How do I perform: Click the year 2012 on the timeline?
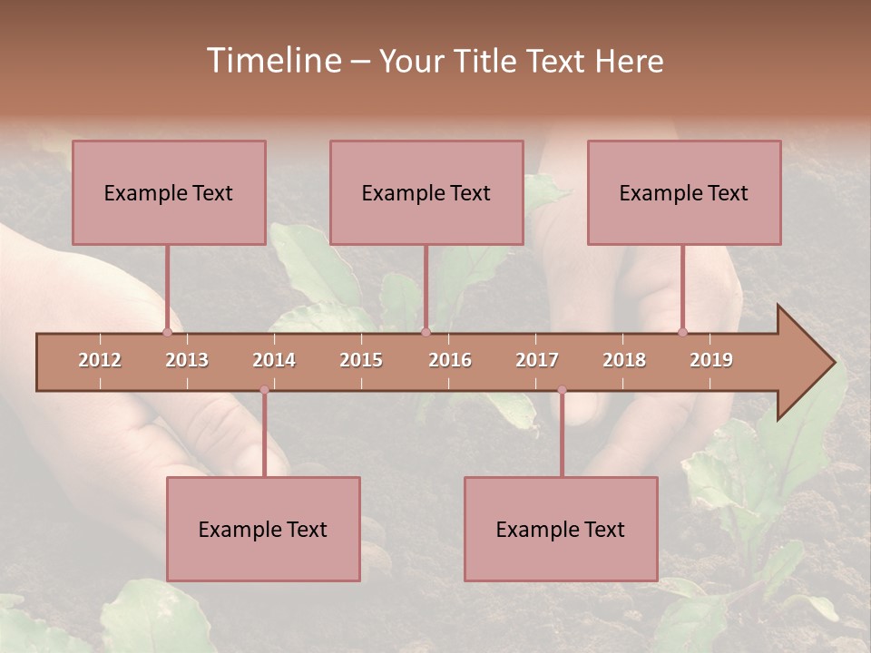[x=100, y=360]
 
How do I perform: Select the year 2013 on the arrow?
[x=187, y=360]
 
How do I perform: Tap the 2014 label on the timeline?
[x=274, y=360]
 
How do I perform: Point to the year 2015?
[x=361, y=360]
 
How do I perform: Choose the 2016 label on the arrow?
[x=450, y=360]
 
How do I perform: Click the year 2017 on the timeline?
[x=537, y=360]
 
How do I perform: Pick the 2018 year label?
[x=624, y=360]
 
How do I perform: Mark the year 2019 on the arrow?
[x=711, y=360]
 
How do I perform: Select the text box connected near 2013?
[x=169, y=192]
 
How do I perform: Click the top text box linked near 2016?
[x=426, y=192]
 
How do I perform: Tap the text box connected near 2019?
[x=684, y=192]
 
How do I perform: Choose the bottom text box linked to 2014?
[x=263, y=529]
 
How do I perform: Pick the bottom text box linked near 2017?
[x=561, y=529]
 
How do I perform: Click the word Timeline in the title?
[x=272, y=61]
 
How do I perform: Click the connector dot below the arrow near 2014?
[x=264, y=390]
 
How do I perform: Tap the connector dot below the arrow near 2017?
[x=562, y=390]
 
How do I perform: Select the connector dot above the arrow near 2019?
[x=683, y=332]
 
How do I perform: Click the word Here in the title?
[x=630, y=62]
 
